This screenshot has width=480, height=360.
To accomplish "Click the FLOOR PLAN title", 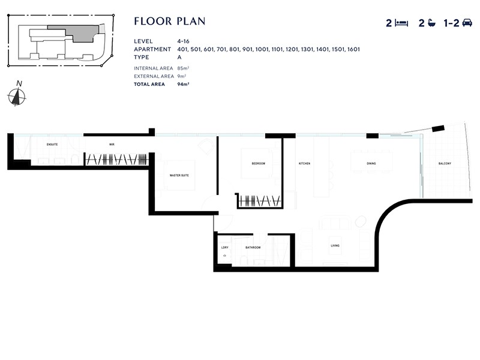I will click(x=170, y=22).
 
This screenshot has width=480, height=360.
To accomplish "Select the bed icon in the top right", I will click(x=402, y=23).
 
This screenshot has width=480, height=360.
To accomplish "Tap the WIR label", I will click(x=112, y=145).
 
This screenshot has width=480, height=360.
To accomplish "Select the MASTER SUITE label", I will click(x=180, y=175).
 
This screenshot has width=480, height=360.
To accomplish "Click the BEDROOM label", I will click(x=258, y=164).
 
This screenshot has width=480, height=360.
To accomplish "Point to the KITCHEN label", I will click(x=305, y=164).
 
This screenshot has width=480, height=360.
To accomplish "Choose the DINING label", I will click(x=371, y=164).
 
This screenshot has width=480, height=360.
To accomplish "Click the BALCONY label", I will click(x=445, y=164).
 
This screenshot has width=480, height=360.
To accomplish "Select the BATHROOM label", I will click(x=253, y=247).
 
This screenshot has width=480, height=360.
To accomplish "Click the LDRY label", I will click(x=224, y=247).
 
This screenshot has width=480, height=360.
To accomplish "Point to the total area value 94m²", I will click(x=183, y=85).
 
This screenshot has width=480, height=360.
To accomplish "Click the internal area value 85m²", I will click(x=183, y=68).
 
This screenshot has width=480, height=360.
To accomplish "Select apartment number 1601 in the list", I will click(x=353, y=49).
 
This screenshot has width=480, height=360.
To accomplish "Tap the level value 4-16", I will click(x=183, y=41).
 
